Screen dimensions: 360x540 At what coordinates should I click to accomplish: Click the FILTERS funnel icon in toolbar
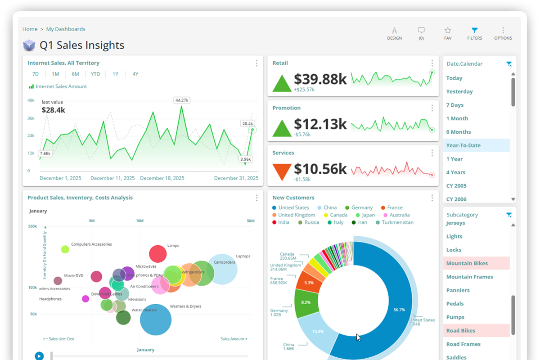point(474,31)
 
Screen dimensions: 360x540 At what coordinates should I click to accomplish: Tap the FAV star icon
point(448,31)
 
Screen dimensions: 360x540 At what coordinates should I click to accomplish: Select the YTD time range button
point(95,74)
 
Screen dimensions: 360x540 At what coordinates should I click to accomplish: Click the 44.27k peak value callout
point(182,100)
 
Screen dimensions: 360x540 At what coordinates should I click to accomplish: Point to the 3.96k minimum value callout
point(246,159)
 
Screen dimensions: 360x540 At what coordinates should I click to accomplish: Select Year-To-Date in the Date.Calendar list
point(463,145)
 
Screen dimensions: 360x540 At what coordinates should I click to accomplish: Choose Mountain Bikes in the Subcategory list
point(467,263)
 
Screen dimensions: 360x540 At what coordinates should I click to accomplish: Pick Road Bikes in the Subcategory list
point(461,331)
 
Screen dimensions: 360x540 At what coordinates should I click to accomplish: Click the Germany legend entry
point(362,208)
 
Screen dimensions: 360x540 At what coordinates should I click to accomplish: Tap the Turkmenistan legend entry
point(404,222)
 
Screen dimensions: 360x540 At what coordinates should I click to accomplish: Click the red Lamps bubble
point(158,254)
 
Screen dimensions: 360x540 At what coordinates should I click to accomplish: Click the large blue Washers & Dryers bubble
point(156,320)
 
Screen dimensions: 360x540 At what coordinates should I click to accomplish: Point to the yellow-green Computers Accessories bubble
point(65,249)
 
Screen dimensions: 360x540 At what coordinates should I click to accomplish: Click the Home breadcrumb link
point(30,29)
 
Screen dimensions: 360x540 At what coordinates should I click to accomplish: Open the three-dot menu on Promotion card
point(432,108)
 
